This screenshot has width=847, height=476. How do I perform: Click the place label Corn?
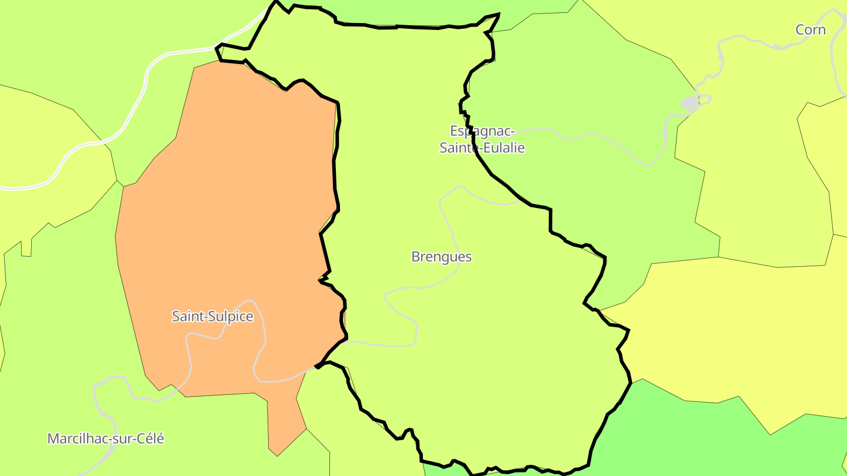click(811, 30)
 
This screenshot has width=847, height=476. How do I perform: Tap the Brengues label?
click(441, 257)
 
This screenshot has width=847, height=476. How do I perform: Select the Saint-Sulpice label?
click(212, 316)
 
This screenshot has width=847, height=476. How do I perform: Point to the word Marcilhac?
click(74, 438)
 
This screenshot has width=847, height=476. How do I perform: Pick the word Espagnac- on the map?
click(482, 130)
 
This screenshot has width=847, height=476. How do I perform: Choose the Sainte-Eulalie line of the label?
click(482, 147)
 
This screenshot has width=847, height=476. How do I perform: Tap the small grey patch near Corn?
click(689, 103)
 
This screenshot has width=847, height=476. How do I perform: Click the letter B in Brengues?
click(416, 257)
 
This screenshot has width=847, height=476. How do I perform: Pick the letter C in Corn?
click(801, 30)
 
